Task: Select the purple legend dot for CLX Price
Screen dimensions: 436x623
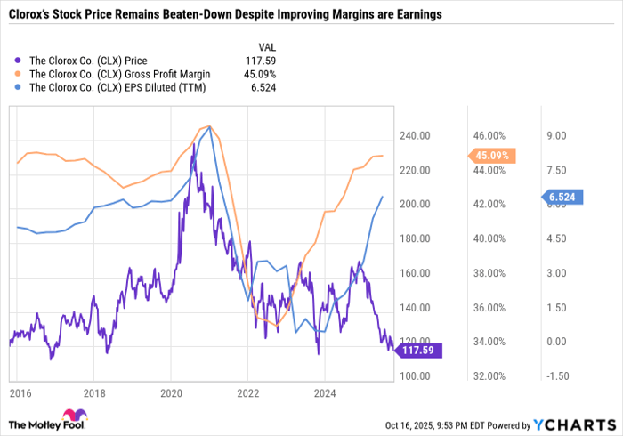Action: [19, 61]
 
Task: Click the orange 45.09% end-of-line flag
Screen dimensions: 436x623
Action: [494, 156]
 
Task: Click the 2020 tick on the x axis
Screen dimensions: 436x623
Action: [172, 392]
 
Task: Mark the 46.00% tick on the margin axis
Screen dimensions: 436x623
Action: [489, 136]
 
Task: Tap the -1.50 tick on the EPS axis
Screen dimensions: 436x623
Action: [557, 376]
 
